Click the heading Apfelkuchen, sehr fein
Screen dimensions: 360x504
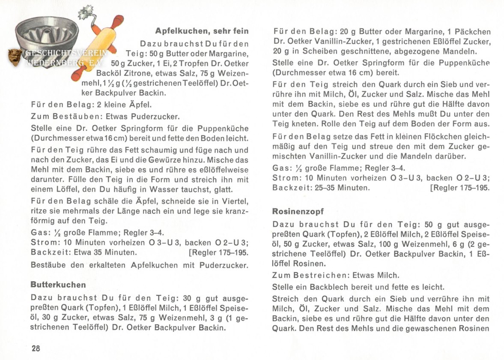pyautogui.click(x=202, y=31)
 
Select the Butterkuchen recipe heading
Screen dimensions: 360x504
pyautogui.click(x=58, y=285)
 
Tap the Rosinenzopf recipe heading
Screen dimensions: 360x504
pyautogui.click(x=298, y=211)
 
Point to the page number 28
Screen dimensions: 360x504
pyautogui.click(x=36, y=348)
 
